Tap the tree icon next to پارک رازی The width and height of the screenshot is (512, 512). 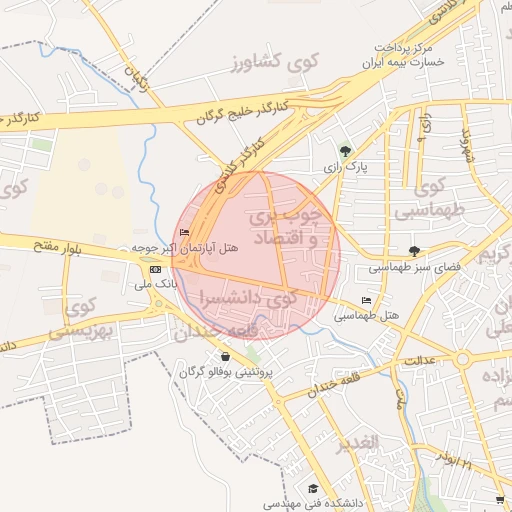[x=346, y=152]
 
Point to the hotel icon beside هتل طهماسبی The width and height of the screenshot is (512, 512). [x=366, y=301]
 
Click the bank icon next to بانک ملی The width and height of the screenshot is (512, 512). [x=155, y=269]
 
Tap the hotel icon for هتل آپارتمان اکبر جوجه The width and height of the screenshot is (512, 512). [x=183, y=233]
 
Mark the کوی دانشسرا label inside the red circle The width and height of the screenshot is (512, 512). [x=249, y=298]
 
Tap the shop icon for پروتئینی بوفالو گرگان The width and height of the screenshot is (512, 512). [x=224, y=357]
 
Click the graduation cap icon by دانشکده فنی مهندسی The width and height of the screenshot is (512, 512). [x=313, y=489]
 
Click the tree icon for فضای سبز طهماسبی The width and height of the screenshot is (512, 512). [x=415, y=251]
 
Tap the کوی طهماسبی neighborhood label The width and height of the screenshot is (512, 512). [x=434, y=200]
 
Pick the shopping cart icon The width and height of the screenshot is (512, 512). [x=500, y=499]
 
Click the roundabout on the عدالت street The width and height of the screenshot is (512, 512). [x=462, y=358]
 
